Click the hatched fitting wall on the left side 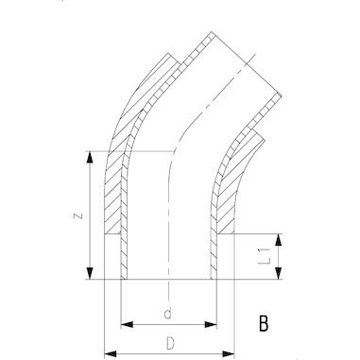(114, 203)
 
